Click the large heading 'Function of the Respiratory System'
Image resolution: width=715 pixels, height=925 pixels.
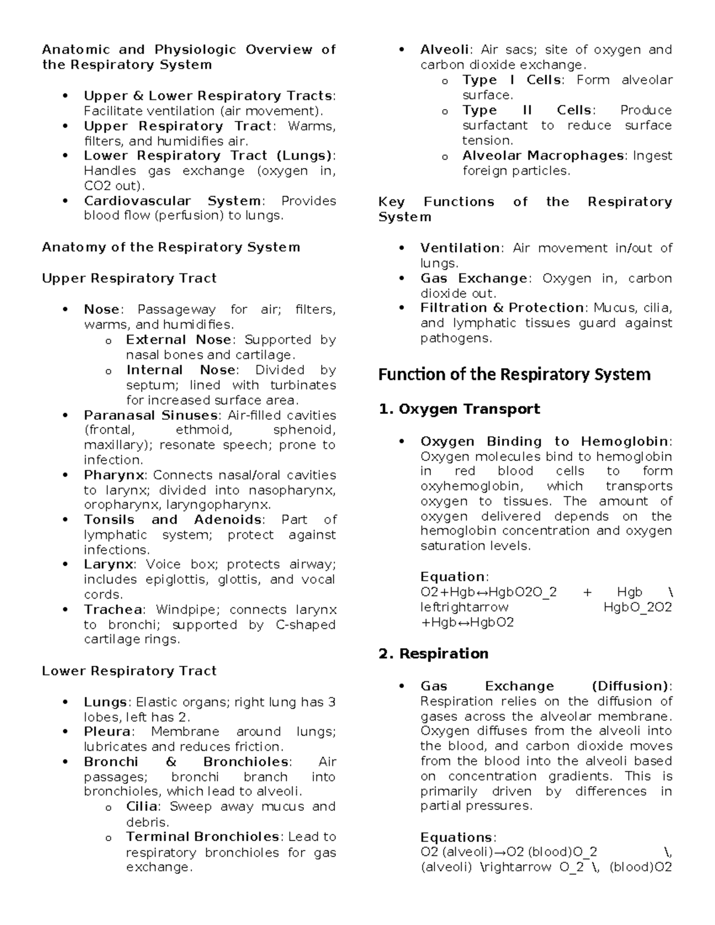tap(514, 375)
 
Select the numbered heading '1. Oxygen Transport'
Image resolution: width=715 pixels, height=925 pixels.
tap(459, 409)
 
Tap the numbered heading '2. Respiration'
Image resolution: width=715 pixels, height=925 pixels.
tap(433, 654)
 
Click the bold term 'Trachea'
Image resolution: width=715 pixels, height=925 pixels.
tap(113, 610)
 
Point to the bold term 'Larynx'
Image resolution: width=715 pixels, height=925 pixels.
tap(109, 565)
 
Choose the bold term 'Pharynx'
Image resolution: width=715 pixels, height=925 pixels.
tap(114, 475)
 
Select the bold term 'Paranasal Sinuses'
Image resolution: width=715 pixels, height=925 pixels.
tap(151, 415)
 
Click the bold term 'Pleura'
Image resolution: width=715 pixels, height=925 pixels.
tap(107, 732)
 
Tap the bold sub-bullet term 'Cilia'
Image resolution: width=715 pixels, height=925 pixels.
tap(142, 807)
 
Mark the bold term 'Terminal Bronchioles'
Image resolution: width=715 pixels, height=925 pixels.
tap(203, 837)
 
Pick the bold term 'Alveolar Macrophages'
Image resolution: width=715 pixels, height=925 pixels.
tap(543, 156)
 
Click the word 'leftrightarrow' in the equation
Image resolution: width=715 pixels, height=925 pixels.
tap(464, 608)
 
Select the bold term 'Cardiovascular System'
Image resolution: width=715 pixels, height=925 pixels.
tap(172, 201)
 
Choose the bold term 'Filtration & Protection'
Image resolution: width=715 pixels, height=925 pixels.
tap(502, 308)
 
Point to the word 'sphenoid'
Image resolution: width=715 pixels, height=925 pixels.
tap(304, 430)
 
